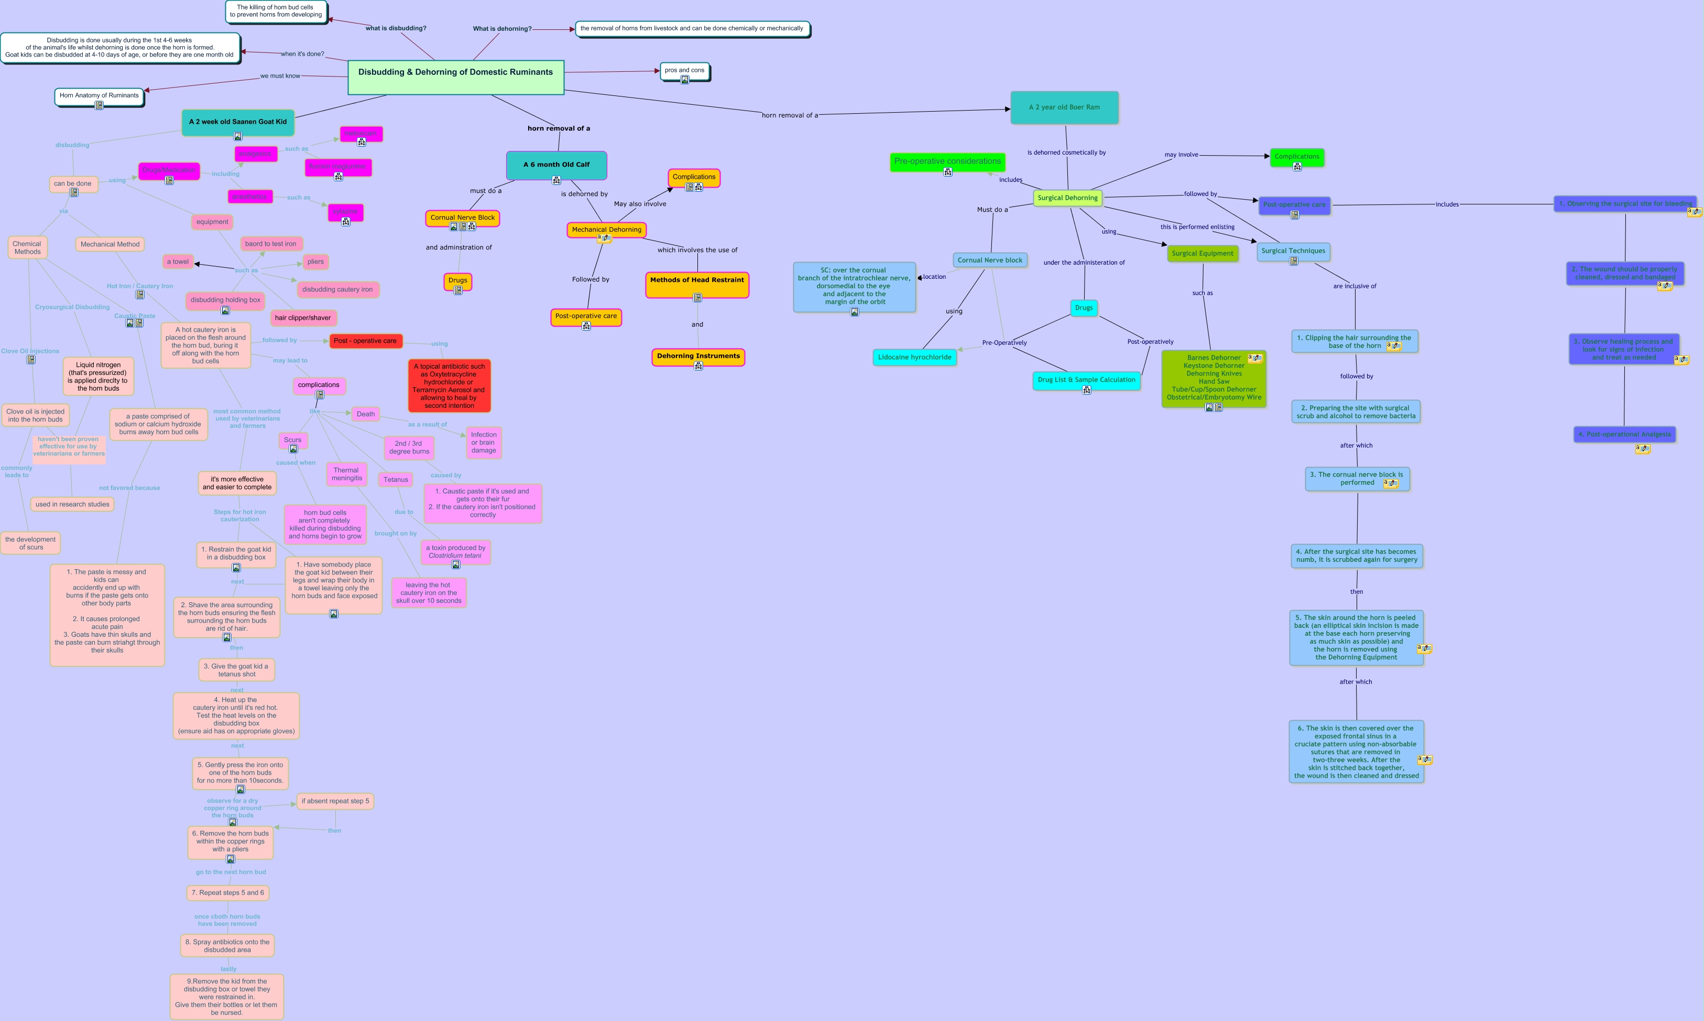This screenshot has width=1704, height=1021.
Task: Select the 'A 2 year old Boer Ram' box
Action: (1064, 107)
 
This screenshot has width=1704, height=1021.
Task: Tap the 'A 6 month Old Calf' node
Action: (556, 165)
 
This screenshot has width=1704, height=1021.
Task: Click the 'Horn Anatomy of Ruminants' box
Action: (99, 95)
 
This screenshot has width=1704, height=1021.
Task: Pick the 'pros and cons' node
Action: (684, 71)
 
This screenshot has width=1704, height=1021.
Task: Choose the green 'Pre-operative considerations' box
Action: (947, 161)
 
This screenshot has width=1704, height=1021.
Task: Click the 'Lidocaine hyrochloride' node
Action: (914, 357)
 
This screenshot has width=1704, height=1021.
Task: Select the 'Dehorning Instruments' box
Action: (698, 356)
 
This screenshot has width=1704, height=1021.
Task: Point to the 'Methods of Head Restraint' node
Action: (696, 281)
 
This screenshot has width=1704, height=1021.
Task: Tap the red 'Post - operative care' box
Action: (365, 341)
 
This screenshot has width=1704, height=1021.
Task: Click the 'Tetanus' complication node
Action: (396, 480)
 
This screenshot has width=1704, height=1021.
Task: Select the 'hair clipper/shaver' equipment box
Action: (302, 318)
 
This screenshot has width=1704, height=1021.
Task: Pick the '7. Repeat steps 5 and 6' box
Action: (227, 893)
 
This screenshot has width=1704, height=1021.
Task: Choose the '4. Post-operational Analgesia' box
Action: (1624, 434)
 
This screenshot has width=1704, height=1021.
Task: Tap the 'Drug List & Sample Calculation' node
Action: (1086, 380)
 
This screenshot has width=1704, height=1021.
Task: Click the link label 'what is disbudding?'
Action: (396, 28)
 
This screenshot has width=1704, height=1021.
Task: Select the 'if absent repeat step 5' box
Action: (335, 801)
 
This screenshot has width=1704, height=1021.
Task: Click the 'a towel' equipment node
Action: (178, 262)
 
